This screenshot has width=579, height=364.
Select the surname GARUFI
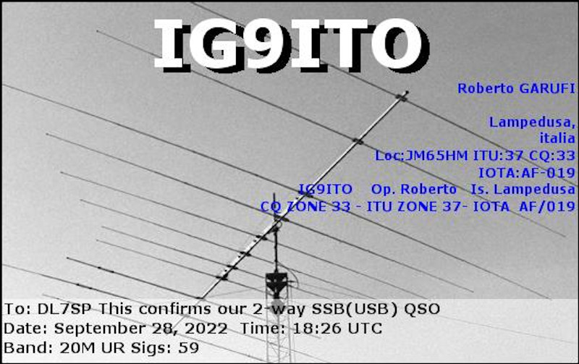point(547,88)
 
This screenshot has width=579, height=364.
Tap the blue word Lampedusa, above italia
point(532,122)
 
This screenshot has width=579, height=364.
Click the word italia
point(557,138)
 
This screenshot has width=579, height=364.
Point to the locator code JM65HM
point(436,156)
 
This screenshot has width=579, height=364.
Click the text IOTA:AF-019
point(527,172)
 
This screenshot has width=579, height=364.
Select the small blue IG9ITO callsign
point(325,190)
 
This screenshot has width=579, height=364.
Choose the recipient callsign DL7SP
point(64,309)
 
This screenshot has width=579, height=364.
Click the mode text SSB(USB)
point(355,309)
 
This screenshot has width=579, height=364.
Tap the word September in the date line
point(100,329)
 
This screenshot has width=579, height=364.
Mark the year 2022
point(206,329)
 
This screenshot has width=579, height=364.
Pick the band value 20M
point(77,348)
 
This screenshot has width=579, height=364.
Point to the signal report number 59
point(188,348)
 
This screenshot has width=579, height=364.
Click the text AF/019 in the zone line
point(547,206)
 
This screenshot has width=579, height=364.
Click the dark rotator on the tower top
point(276,282)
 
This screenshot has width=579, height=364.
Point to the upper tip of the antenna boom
point(407,92)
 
